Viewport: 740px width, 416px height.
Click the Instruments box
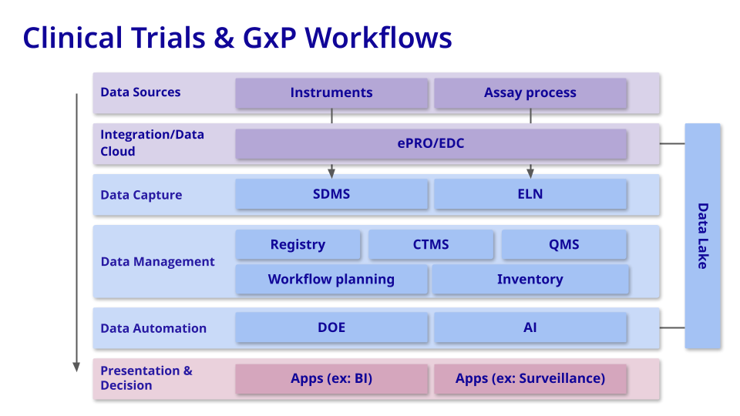331,93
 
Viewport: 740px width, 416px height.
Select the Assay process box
530,93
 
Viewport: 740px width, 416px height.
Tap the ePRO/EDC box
431,143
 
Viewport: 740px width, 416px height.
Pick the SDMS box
331,194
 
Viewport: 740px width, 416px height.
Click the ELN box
530,194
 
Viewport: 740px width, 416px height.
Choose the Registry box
298,245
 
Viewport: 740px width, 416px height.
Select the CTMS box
431,245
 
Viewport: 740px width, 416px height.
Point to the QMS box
564,245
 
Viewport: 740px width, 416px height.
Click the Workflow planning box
331,280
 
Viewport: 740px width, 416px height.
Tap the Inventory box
530,280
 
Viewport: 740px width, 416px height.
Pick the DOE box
331,327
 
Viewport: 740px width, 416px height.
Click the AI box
530,327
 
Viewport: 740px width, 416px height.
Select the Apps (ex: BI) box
331,378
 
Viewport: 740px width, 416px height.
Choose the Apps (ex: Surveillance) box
530,378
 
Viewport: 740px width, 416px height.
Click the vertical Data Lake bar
702,236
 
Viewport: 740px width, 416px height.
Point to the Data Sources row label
140,92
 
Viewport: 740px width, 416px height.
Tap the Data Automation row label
153,328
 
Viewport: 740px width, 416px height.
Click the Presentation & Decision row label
146,377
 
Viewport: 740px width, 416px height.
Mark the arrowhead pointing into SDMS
331,173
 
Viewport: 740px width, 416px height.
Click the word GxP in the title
274,38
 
